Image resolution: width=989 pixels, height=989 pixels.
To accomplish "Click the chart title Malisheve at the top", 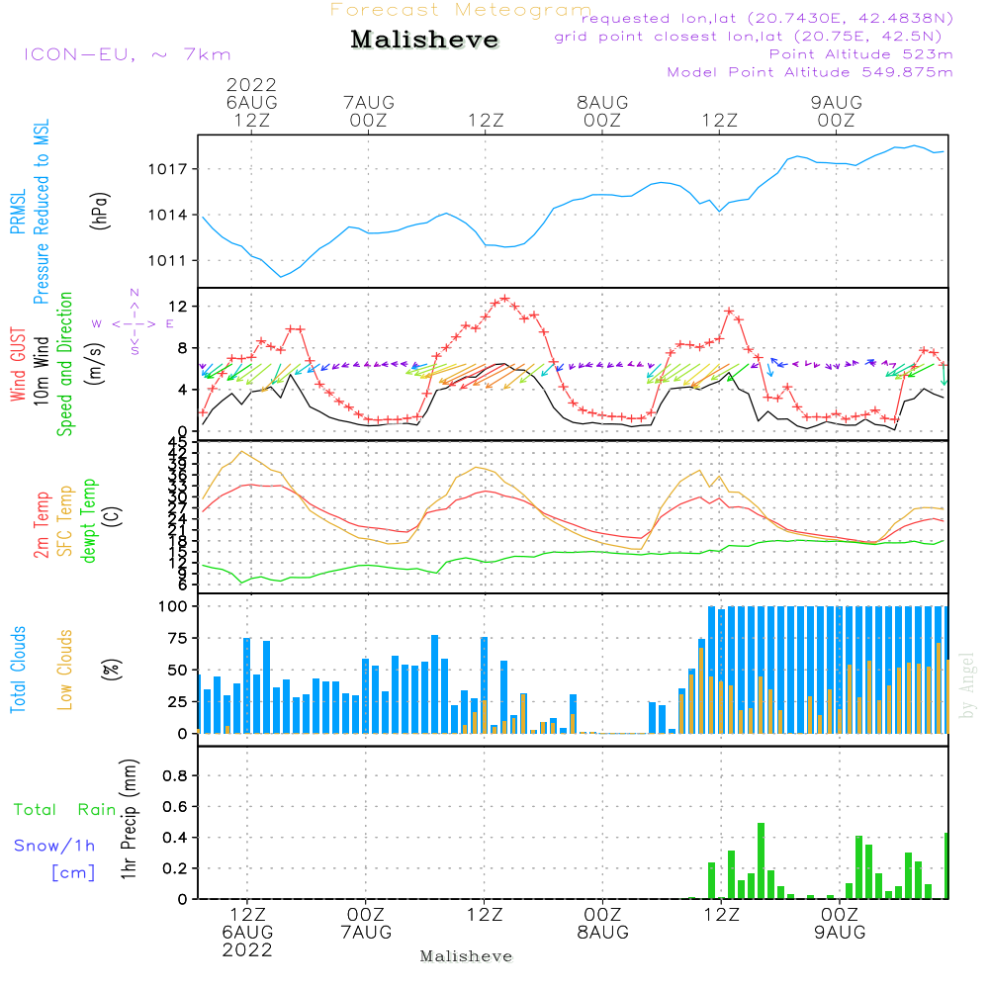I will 425,41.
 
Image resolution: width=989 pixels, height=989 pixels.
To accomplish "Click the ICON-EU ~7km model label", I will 127,54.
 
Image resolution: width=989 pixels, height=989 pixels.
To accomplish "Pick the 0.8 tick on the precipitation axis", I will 175,776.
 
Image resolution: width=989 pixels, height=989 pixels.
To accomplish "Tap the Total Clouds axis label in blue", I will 18,670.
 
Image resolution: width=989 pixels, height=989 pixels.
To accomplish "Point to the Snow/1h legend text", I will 54,846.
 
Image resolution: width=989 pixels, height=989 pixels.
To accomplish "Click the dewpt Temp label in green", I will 89,521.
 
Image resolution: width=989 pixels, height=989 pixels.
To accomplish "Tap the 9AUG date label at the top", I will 837,102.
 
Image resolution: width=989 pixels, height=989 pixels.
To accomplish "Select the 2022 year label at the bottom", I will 247,949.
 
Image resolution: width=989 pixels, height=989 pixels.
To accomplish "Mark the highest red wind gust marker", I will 505,298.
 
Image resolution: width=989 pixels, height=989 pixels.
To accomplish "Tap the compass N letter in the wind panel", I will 135,293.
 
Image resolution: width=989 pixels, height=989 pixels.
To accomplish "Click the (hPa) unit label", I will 100,210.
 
